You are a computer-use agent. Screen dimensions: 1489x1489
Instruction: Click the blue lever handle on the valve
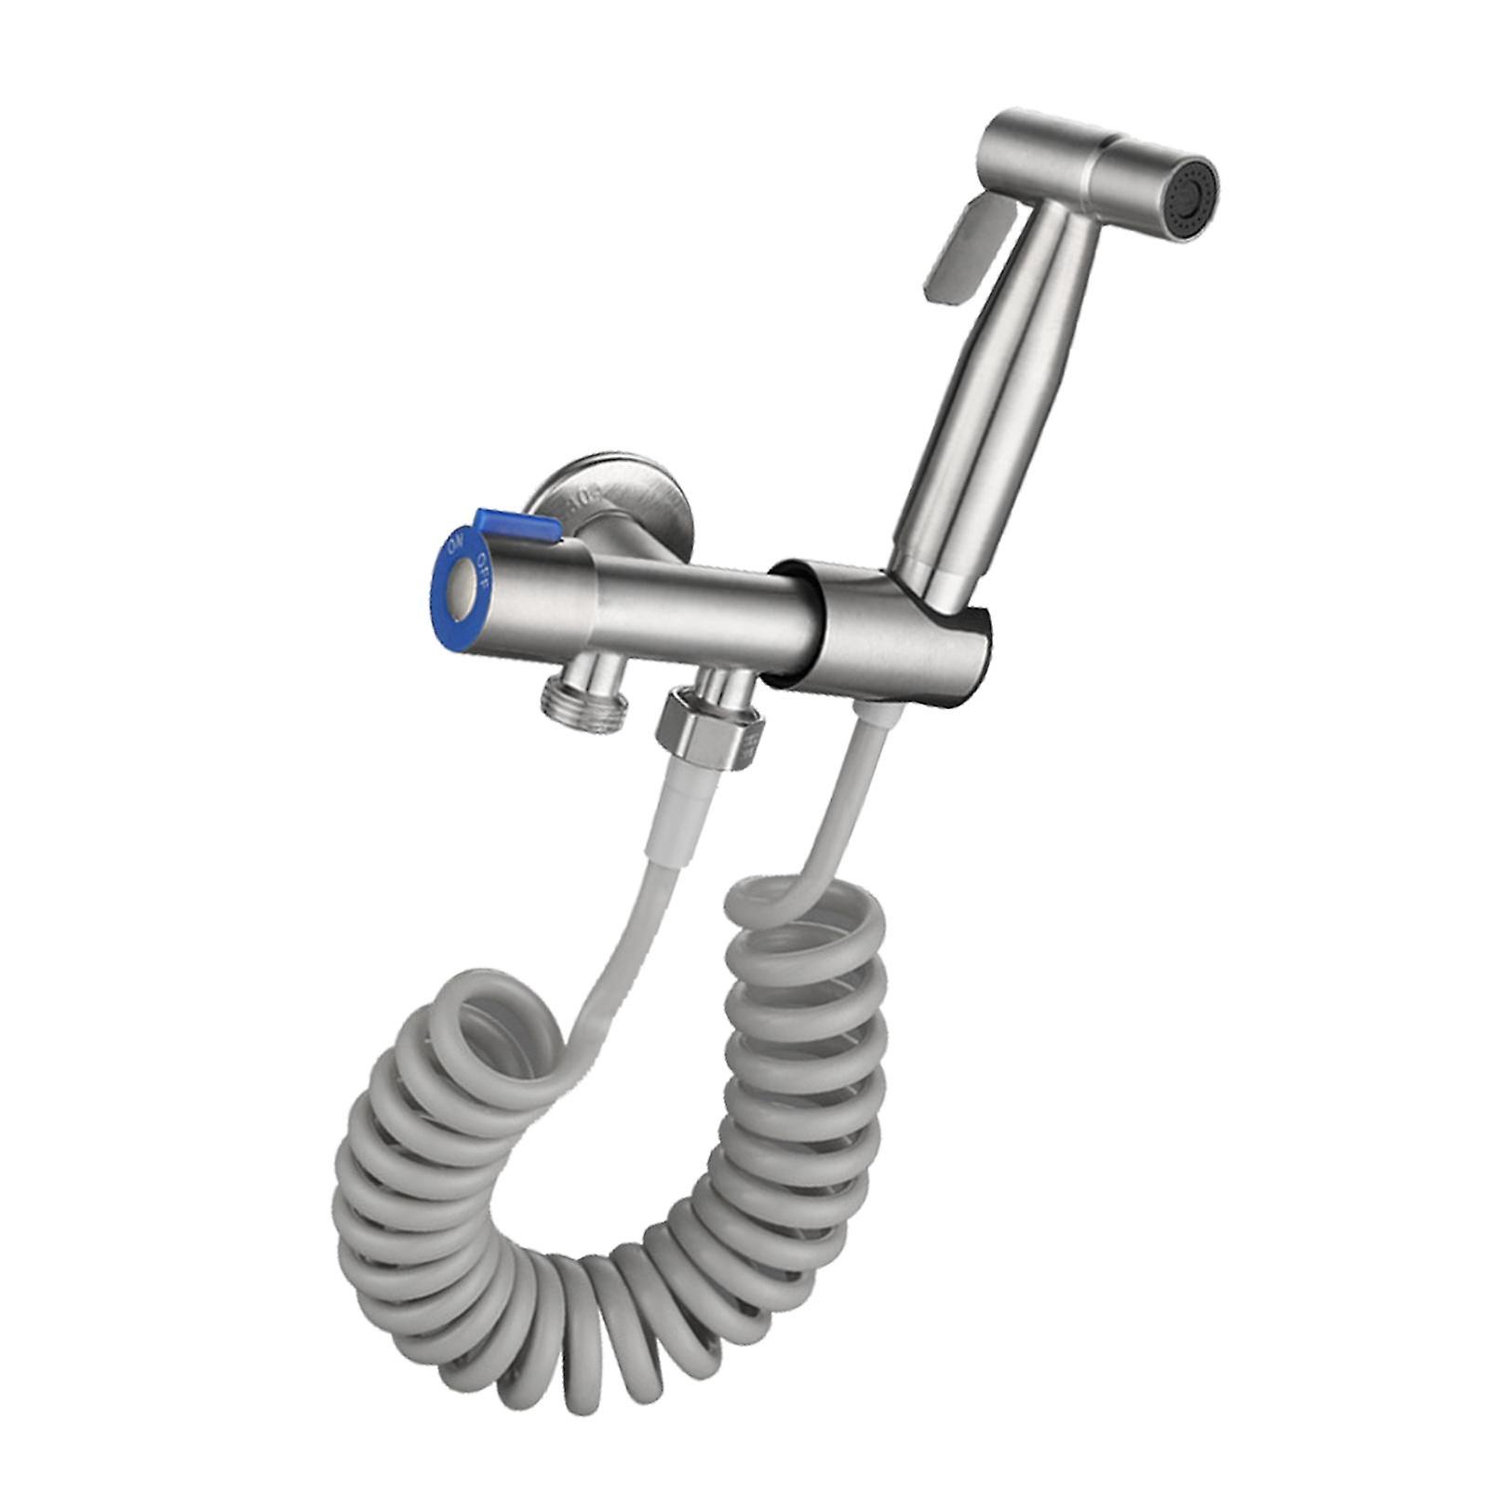(x=517, y=527)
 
